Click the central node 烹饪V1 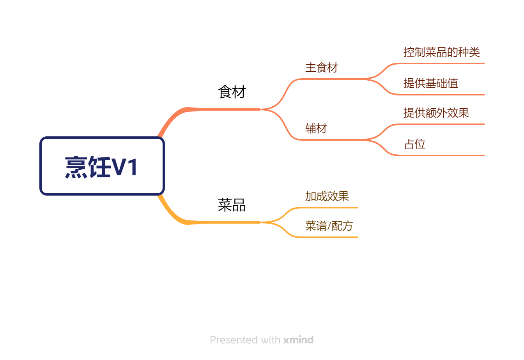(102, 166)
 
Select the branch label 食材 (232, 92)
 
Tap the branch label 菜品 (232, 205)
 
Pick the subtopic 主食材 (321, 68)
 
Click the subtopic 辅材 (316, 128)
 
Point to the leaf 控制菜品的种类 (442, 52)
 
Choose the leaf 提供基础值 (431, 83)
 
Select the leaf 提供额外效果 (436, 113)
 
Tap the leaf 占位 (415, 144)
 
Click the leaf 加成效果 (327, 196)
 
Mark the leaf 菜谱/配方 (329, 226)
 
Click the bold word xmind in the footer (298, 340)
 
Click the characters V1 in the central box (124, 167)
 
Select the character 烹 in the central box (76, 167)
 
